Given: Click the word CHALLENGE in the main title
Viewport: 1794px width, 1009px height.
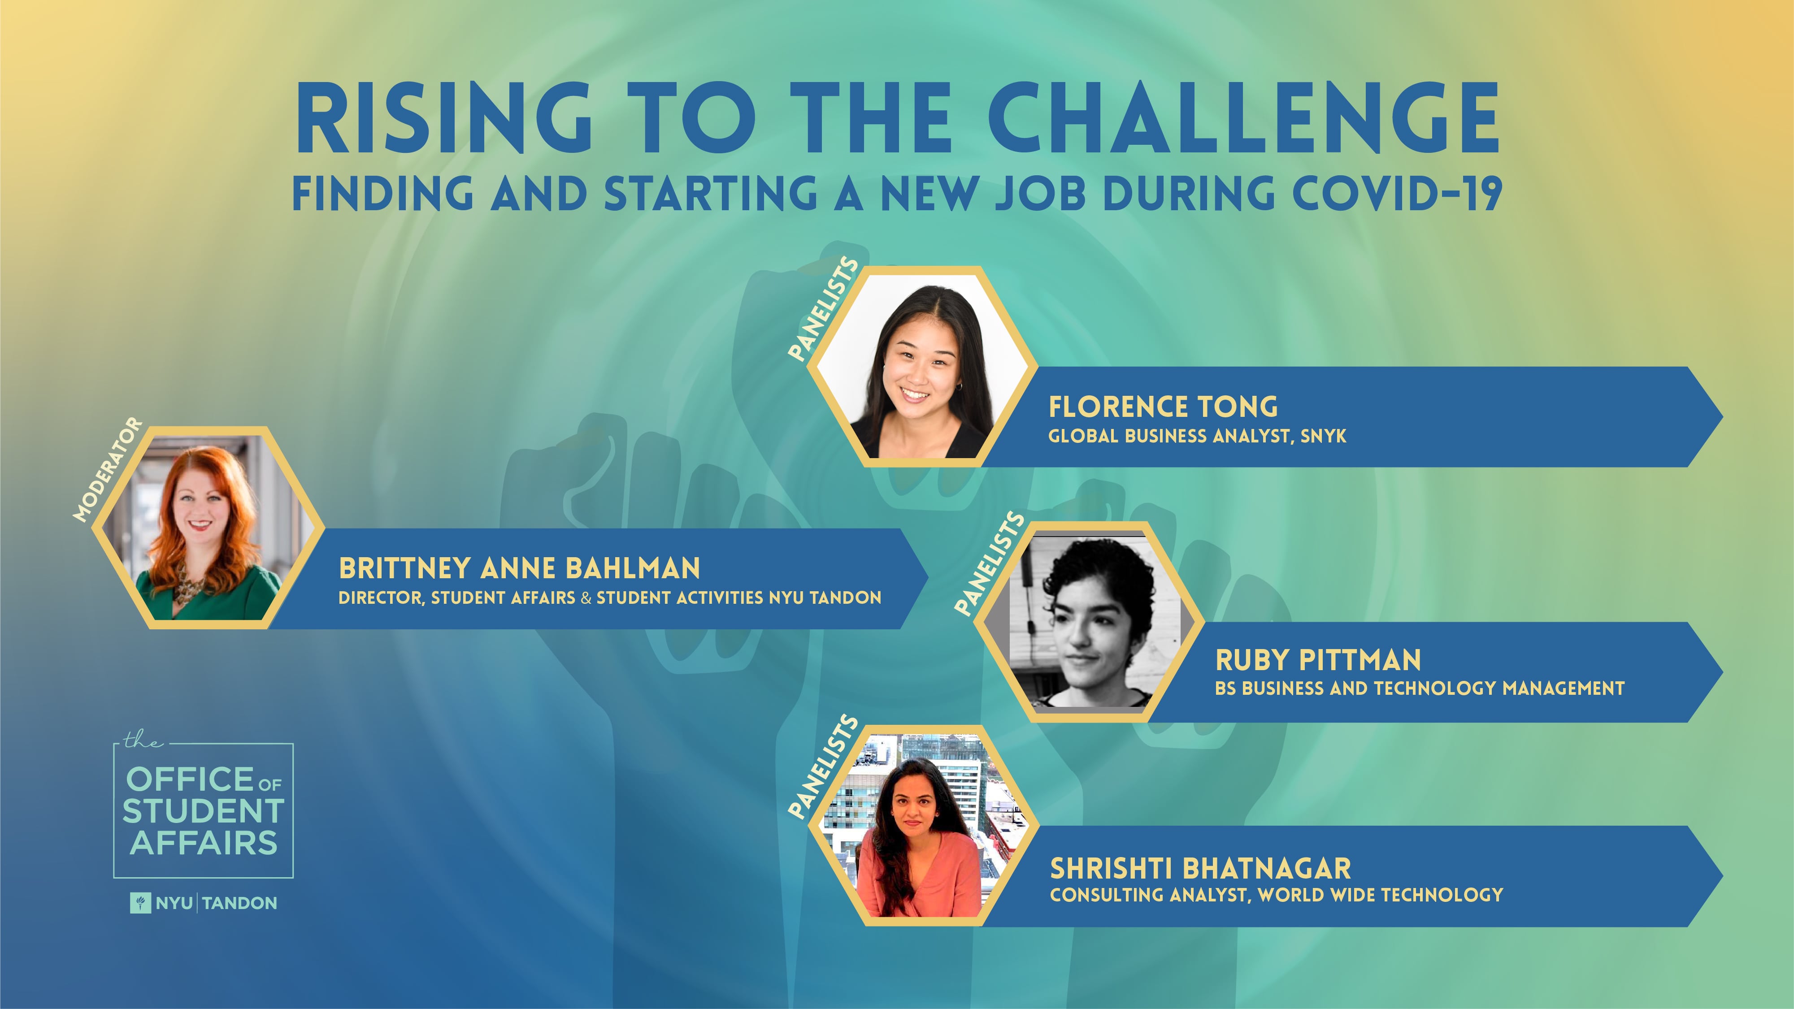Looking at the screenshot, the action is (x=1243, y=118).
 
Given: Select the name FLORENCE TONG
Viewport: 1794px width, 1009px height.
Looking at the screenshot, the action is (x=1163, y=407).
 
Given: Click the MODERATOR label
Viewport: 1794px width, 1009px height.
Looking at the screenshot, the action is (x=107, y=469).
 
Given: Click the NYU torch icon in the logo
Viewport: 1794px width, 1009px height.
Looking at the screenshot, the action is (x=140, y=903).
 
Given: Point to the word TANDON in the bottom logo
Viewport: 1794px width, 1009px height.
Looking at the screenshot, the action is (x=239, y=903).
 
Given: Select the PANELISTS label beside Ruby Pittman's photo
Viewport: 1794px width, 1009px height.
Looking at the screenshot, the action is (x=990, y=564).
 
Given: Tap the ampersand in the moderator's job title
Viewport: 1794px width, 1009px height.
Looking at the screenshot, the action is (x=586, y=598).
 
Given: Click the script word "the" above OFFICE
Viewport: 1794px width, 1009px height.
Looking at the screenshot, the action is (x=142, y=740).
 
